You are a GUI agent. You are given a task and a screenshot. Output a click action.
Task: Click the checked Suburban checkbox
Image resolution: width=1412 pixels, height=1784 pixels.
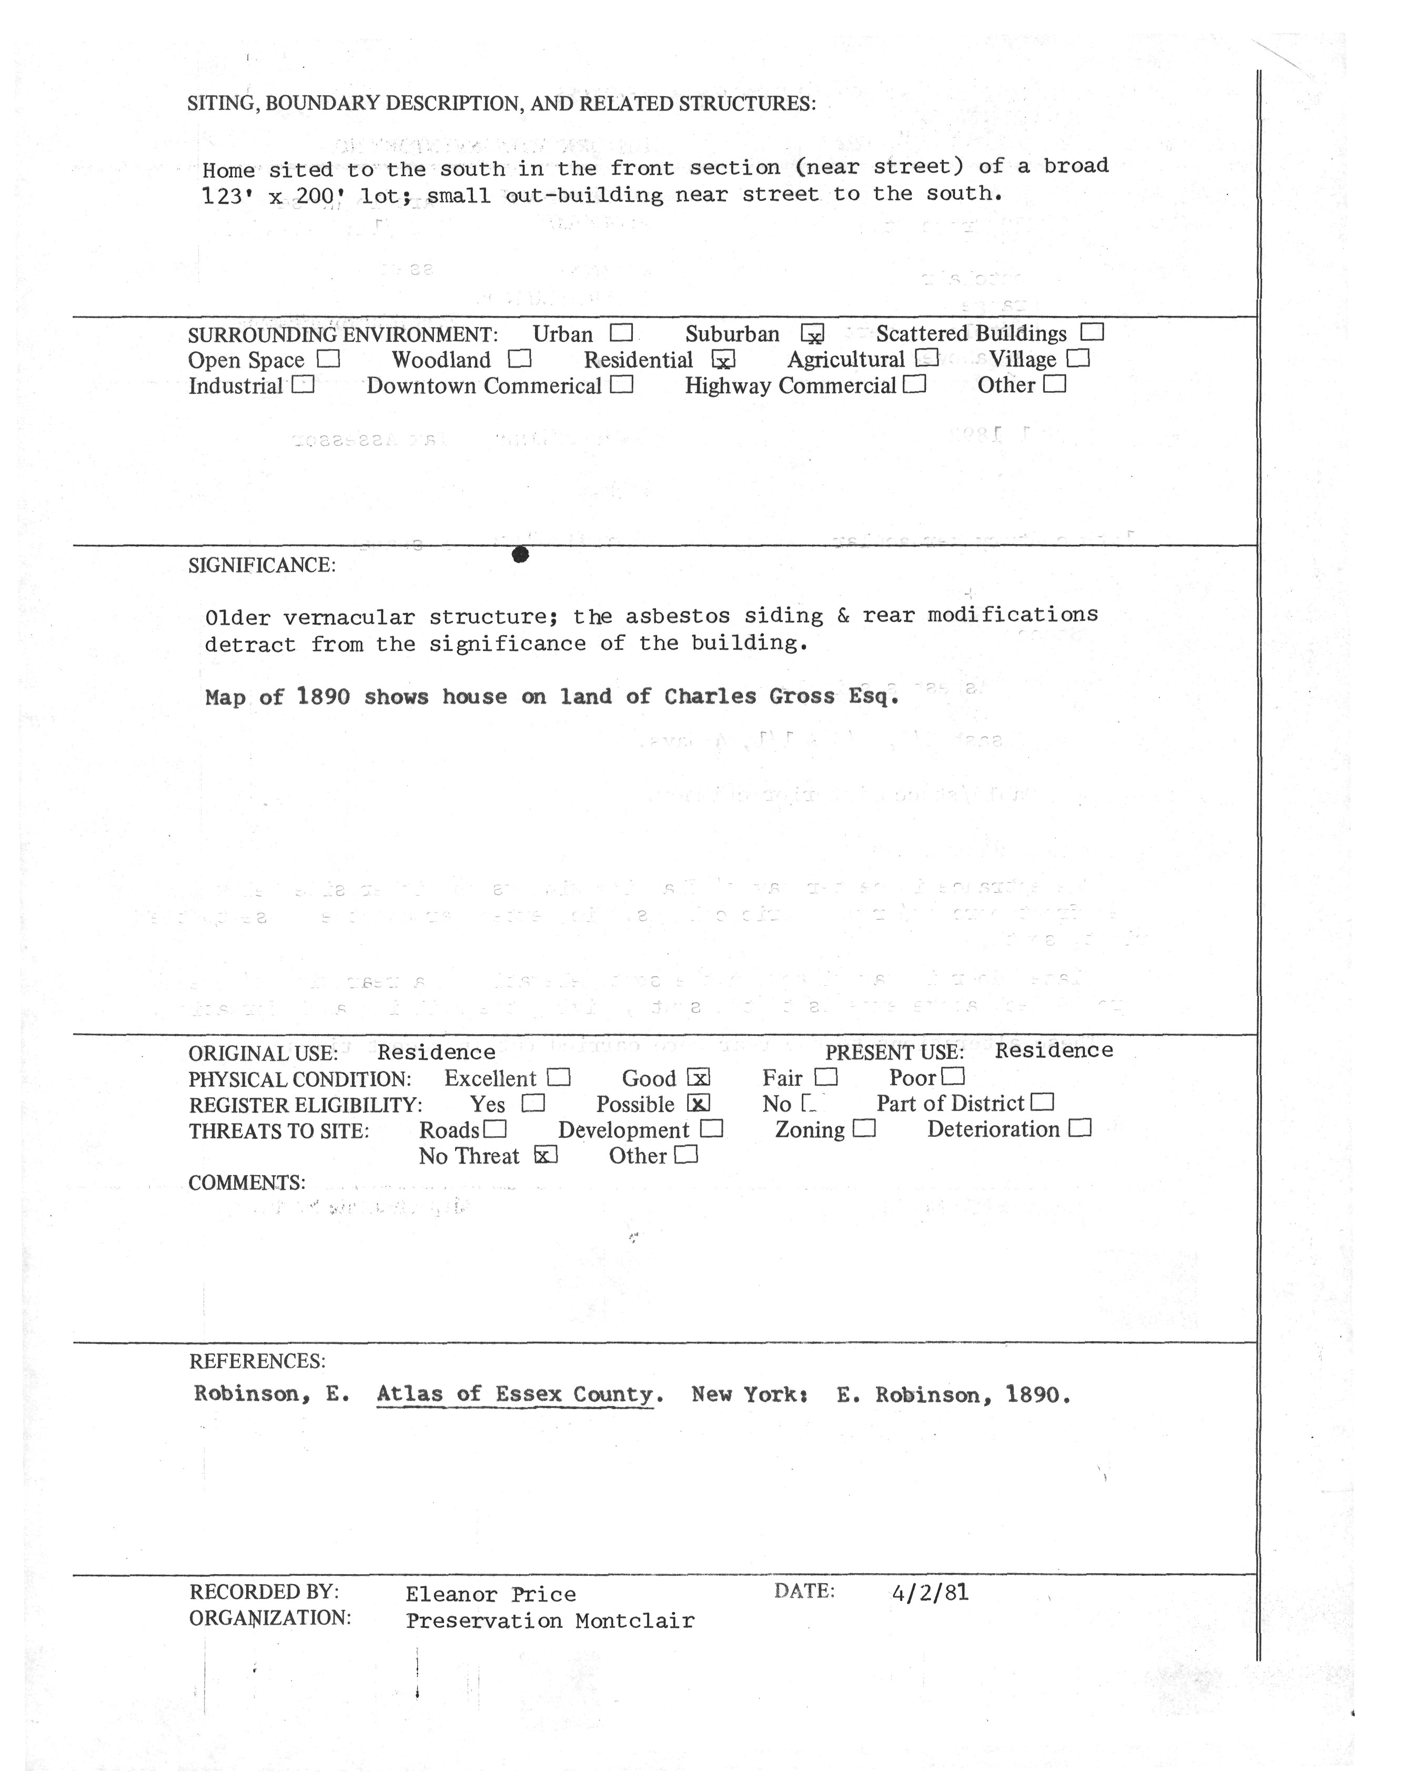click(x=813, y=334)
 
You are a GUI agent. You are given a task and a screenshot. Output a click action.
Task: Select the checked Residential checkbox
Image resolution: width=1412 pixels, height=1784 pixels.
click(x=723, y=360)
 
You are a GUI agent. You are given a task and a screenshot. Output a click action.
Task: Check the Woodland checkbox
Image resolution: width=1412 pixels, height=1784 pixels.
click(x=519, y=360)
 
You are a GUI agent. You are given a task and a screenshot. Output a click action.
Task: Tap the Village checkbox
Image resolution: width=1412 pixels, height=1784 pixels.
click(x=1078, y=359)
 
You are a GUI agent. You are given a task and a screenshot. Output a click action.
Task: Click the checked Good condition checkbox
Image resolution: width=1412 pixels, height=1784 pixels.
click(x=699, y=1077)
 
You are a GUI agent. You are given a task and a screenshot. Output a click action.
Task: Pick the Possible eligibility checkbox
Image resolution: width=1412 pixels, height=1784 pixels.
click(x=699, y=1104)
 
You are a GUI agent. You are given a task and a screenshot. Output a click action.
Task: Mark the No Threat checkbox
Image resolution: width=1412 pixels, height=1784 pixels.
click(x=546, y=1155)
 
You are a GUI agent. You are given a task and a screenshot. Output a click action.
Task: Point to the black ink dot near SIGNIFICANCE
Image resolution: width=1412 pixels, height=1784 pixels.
click(x=520, y=555)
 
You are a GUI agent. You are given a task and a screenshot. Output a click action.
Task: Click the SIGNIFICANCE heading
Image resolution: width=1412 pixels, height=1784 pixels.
click(x=262, y=566)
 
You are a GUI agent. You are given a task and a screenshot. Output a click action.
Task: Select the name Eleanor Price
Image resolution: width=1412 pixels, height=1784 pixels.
click(x=490, y=1594)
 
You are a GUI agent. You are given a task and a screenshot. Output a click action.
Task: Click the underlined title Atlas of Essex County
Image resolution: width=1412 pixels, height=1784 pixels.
click(x=515, y=1395)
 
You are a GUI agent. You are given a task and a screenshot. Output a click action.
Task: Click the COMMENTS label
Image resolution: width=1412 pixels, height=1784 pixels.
click(x=246, y=1183)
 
